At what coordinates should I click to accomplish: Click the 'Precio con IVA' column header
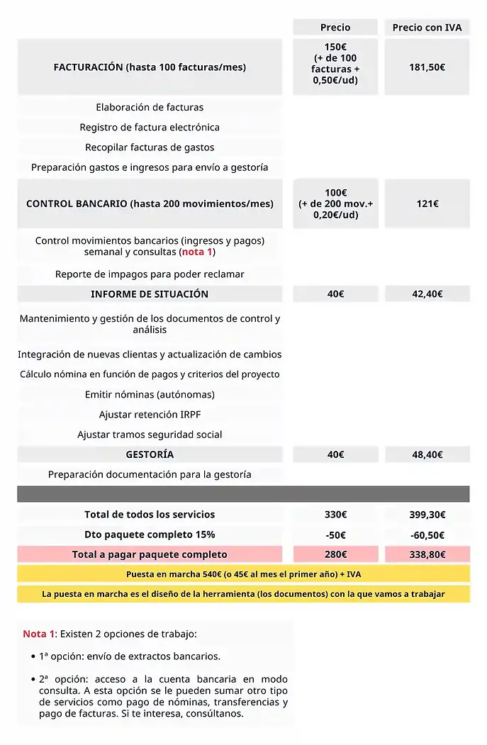427,28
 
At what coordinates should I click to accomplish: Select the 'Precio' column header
335,28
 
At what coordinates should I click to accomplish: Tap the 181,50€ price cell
427,67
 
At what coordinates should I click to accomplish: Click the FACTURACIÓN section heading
150,67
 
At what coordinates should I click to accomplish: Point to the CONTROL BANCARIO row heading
150,203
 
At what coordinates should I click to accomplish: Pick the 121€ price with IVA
427,203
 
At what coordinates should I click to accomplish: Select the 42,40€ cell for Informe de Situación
427,294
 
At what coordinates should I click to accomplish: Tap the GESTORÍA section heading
150,454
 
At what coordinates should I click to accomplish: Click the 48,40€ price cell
427,454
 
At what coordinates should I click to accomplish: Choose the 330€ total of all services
335,515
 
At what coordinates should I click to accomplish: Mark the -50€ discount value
335,534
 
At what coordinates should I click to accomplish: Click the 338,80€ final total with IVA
427,554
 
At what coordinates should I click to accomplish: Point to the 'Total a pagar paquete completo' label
150,554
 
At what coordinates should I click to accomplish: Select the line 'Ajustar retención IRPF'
150,415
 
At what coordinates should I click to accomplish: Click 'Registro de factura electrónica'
150,128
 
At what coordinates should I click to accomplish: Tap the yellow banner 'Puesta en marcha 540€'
243,574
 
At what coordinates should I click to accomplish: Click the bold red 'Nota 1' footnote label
38,634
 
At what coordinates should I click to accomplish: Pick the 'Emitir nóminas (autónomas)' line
150,395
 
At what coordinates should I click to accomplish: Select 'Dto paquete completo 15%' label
150,534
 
